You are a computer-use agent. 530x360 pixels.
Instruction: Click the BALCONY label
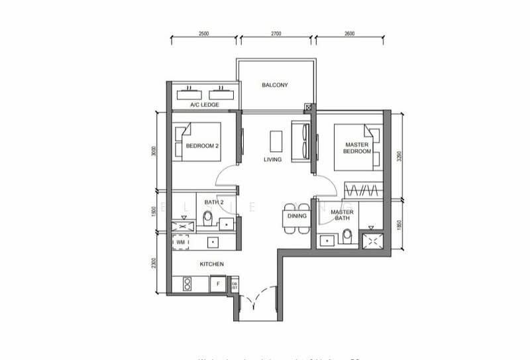pyautogui.click(x=274, y=86)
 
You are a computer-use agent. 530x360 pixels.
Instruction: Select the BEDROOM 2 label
pyautogui.click(x=202, y=146)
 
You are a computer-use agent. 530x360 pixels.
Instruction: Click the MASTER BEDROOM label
pyautogui.click(x=356, y=148)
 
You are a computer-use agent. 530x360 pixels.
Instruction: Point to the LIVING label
pyautogui.click(x=272, y=160)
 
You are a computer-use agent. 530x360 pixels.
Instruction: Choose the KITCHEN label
pyautogui.click(x=212, y=265)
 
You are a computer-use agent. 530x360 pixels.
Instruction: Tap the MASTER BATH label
pyautogui.click(x=342, y=215)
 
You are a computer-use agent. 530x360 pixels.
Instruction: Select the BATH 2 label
pyautogui.click(x=213, y=202)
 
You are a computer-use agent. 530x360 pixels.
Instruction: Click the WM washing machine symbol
pyautogui.click(x=181, y=243)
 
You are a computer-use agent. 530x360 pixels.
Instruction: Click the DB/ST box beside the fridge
pyautogui.click(x=234, y=285)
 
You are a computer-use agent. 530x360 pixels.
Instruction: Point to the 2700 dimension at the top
pyautogui.click(x=276, y=33)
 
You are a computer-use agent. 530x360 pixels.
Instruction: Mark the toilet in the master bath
pyautogui.click(x=346, y=237)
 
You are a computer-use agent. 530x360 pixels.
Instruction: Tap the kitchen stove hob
pyautogui.click(x=186, y=284)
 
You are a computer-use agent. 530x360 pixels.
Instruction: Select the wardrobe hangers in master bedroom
pyautogui.click(x=362, y=191)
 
